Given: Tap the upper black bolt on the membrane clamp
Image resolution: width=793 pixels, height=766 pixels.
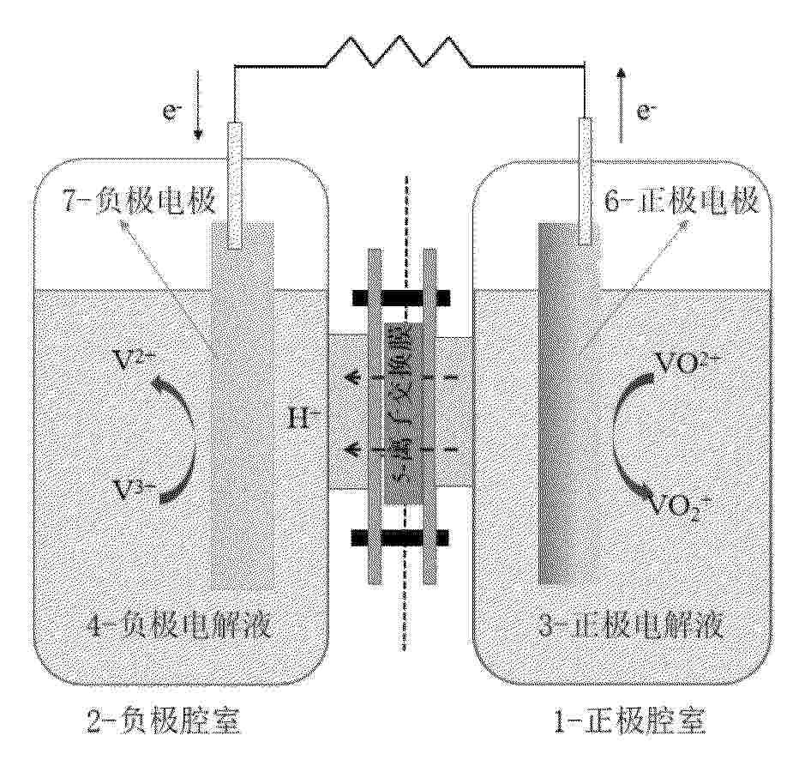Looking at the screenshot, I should [x=401, y=298].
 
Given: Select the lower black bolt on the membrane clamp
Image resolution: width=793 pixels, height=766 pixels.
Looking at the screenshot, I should [x=400, y=538].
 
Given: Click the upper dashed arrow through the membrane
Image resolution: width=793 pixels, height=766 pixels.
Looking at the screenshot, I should [x=400, y=375].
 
